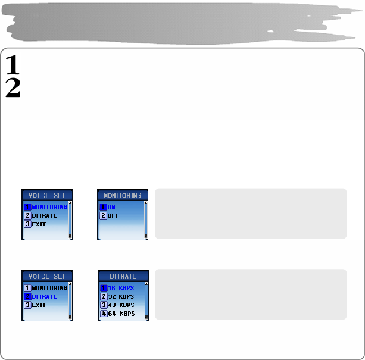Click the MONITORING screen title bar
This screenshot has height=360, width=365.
(123, 195)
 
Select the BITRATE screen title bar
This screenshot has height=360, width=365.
(123, 276)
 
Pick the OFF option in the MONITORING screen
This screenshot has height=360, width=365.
(113, 215)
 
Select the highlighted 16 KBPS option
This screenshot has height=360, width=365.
(121, 288)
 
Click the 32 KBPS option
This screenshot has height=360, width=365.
(121, 296)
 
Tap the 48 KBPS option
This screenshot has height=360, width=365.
(121, 305)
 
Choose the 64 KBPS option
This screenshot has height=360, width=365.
(121, 313)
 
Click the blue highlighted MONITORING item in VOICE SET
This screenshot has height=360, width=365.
(49, 207)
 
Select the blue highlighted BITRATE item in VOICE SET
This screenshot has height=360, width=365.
(44, 296)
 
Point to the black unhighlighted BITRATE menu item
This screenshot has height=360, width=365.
(44, 215)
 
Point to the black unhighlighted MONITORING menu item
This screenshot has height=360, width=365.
(49, 288)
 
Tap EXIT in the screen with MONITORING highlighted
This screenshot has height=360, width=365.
(39, 224)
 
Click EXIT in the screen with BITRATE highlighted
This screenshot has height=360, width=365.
(39, 305)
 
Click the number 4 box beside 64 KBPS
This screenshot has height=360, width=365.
(103, 313)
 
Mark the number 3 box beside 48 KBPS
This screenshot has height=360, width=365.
(103, 305)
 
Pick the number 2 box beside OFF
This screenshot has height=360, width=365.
(103, 215)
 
